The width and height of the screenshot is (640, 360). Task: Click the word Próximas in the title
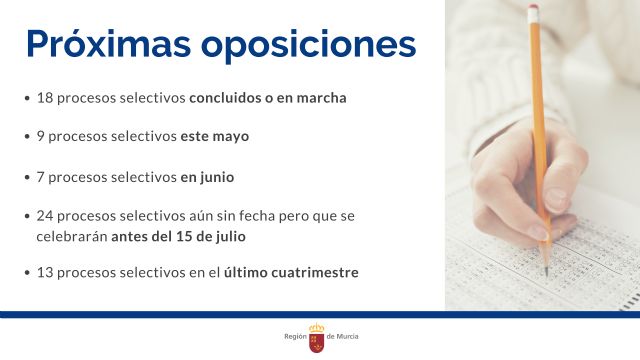(x=106, y=45)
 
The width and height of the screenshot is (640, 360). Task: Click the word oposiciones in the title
(x=308, y=45)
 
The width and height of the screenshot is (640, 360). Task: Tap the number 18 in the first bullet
(x=45, y=98)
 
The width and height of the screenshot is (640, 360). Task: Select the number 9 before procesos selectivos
(x=40, y=136)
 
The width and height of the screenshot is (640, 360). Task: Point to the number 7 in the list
(x=40, y=177)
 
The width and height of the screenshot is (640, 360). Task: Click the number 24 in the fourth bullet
(x=45, y=216)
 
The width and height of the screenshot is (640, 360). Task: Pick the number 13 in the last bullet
(x=45, y=272)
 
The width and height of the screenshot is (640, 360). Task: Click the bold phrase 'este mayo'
(x=215, y=136)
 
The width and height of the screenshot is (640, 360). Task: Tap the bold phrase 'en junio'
(x=207, y=177)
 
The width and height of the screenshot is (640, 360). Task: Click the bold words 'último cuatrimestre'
(x=291, y=272)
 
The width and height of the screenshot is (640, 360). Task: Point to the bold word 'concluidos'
(x=224, y=98)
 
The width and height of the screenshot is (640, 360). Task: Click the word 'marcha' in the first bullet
(x=323, y=98)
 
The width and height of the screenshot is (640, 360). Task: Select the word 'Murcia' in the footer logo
(x=346, y=337)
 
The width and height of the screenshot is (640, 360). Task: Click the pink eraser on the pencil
(x=534, y=13)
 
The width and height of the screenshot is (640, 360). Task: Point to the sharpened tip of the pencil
(x=546, y=272)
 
